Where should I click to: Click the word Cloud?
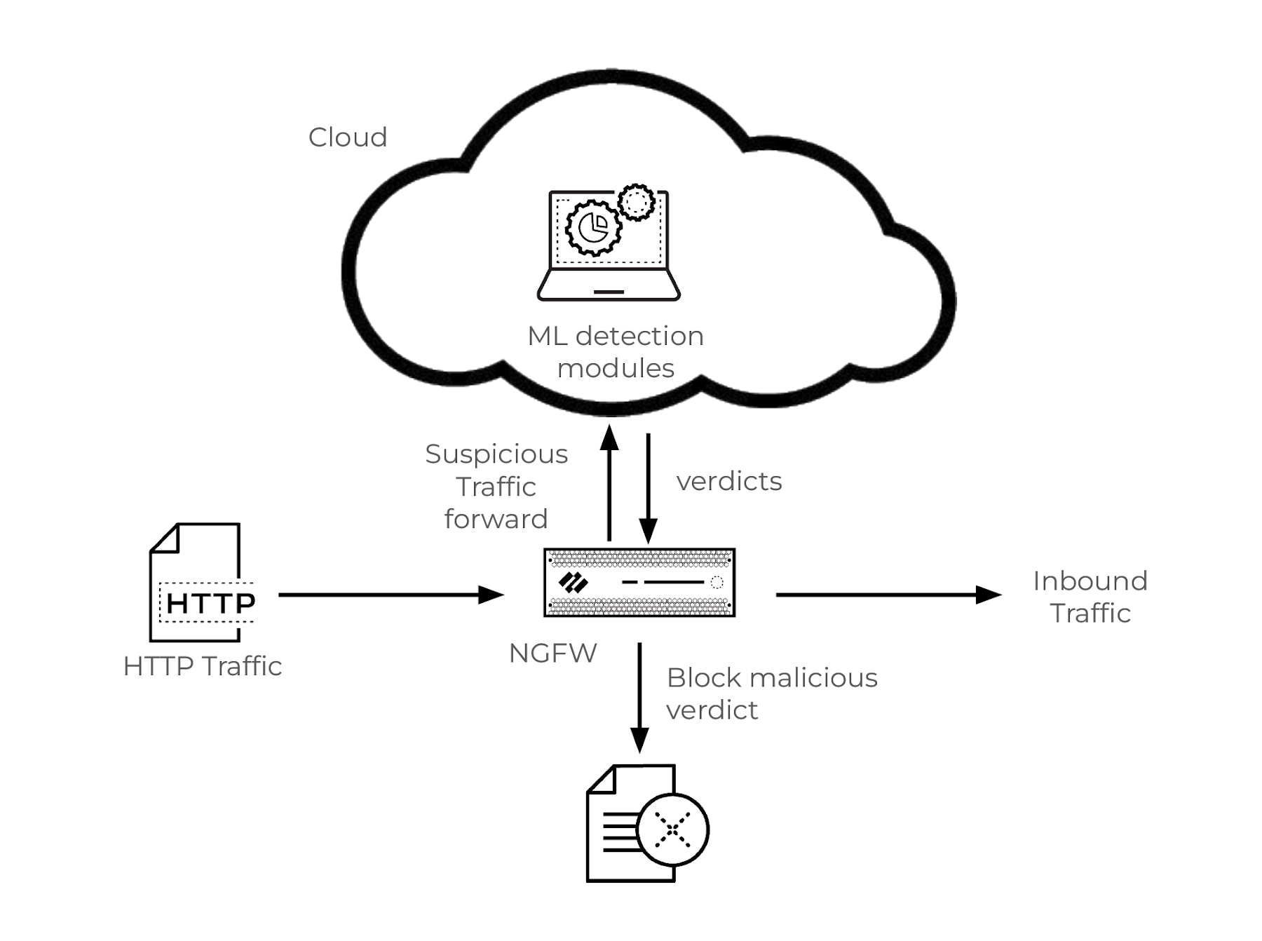click(348, 137)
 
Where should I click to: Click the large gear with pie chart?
click(593, 227)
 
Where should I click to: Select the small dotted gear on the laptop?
click(637, 202)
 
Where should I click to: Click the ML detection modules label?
click(616, 352)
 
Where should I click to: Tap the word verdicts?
click(728, 482)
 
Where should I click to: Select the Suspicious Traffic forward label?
click(496, 487)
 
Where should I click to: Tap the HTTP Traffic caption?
click(202, 666)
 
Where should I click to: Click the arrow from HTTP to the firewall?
click(390, 595)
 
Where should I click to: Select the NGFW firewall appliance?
click(639, 583)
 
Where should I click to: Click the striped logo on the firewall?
click(574, 583)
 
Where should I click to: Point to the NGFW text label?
click(552, 654)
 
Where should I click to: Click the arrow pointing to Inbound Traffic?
click(888, 595)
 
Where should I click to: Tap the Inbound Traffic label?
click(1090, 597)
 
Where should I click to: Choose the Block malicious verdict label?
click(771, 693)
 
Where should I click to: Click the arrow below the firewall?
click(639, 697)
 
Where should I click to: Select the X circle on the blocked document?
click(672, 830)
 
